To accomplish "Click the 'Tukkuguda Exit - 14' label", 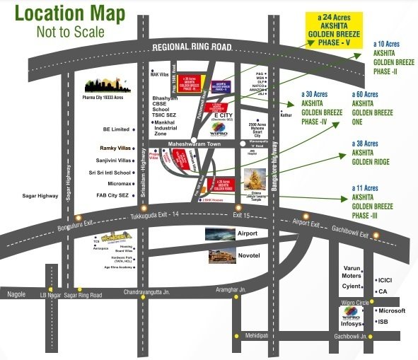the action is (x=160, y=215).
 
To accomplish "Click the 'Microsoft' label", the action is (x=393, y=310).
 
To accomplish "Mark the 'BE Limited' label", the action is (x=116, y=129).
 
